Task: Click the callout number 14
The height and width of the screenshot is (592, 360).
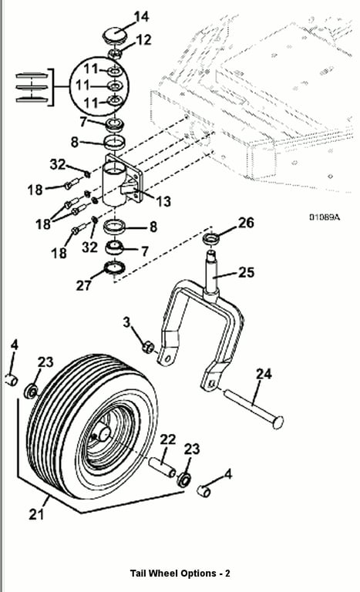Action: point(141,17)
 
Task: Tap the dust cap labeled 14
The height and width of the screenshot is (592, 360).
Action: point(115,35)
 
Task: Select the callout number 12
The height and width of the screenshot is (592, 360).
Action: point(143,39)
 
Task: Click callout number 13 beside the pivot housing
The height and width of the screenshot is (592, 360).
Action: point(163,201)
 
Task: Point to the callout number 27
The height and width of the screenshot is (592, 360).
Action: point(83,285)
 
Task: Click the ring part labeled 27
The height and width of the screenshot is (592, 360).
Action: point(114,267)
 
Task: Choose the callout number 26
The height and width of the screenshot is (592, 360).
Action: point(246,223)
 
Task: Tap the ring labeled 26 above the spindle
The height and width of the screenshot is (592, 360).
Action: point(212,238)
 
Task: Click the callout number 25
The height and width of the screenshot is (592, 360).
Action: point(247,272)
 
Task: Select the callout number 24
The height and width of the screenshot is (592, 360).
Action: point(264,374)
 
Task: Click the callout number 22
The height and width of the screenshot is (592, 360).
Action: point(168,439)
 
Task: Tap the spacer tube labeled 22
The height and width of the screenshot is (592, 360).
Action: point(162,467)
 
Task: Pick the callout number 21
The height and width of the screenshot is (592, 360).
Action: point(36,514)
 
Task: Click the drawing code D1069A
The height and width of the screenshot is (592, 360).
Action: point(325,217)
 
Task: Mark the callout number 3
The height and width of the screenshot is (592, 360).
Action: point(126,322)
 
